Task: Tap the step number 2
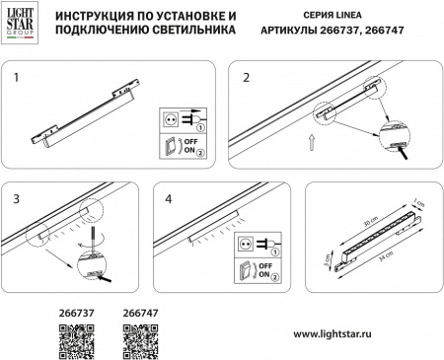click(x=247, y=75)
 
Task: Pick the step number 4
click(x=171, y=198)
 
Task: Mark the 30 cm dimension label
click(x=366, y=222)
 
